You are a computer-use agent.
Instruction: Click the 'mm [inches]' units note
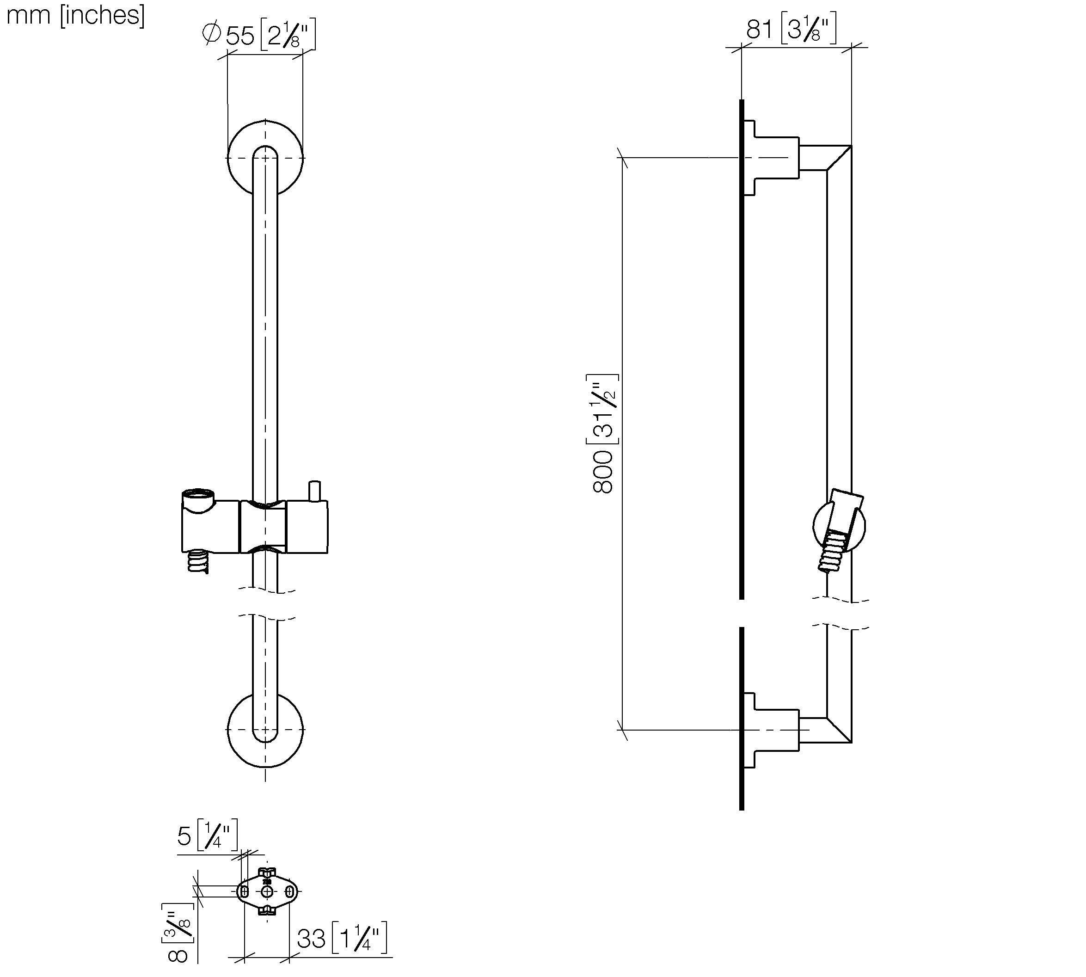point(76,15)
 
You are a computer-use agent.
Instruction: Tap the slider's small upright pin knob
point(314,491)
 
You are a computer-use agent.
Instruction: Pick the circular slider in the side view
point(839,526)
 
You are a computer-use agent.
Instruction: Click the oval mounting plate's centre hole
point(267,891)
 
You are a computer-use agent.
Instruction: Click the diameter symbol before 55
point(211,33)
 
